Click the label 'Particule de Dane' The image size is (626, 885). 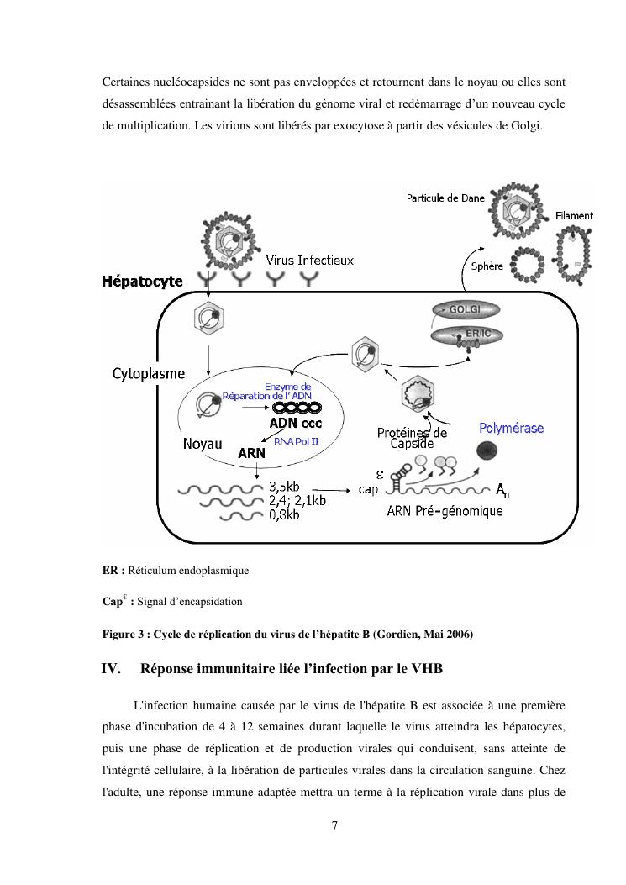(445, 198)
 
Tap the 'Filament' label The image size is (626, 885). (575, 216)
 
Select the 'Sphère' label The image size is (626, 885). (483, 266)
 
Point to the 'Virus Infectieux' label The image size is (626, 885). (309, 261)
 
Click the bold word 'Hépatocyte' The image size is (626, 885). (142, 282)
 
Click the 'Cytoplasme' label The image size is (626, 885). (149, 373)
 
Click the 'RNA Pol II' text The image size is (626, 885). (297, 440)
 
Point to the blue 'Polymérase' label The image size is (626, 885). (511, 429)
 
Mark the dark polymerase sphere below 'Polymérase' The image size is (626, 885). (487, 451)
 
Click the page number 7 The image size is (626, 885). (334, 825)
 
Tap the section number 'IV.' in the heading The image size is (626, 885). (113, 669)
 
